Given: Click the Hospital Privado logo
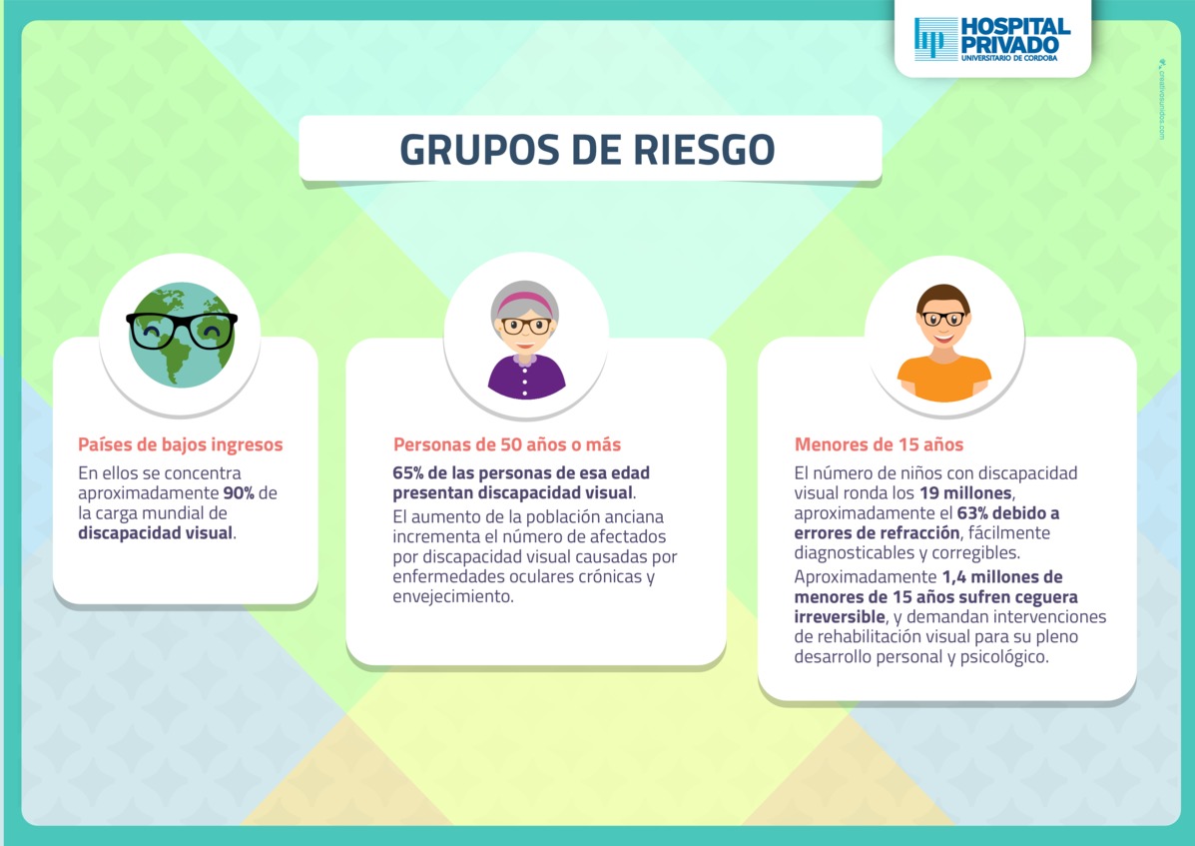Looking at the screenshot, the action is [x=992, y=39].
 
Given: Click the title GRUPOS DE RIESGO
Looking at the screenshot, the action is [x=588, y=150].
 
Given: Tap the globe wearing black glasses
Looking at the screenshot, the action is [x=182, y=335].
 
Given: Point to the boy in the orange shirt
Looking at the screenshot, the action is [x=943, y=343].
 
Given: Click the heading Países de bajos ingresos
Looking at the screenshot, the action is [x=181, y=444].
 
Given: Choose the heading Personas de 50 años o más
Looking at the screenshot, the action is [x=507, y=444].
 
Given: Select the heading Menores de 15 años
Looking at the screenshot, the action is [x=879, y=444].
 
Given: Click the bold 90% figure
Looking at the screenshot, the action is [x=239, y=493].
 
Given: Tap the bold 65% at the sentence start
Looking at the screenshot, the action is [x=408, y=472].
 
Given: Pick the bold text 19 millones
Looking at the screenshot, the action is [x=965, y=493].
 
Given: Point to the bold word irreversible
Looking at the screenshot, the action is [x=840, y=616].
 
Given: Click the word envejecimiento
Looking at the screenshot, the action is [x=452, y=596].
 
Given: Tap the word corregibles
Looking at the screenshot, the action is [x=974, y=552].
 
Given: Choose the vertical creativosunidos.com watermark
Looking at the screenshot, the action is [x=1161, y=100].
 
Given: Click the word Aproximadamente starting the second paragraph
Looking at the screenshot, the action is [x=865, y=577].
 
